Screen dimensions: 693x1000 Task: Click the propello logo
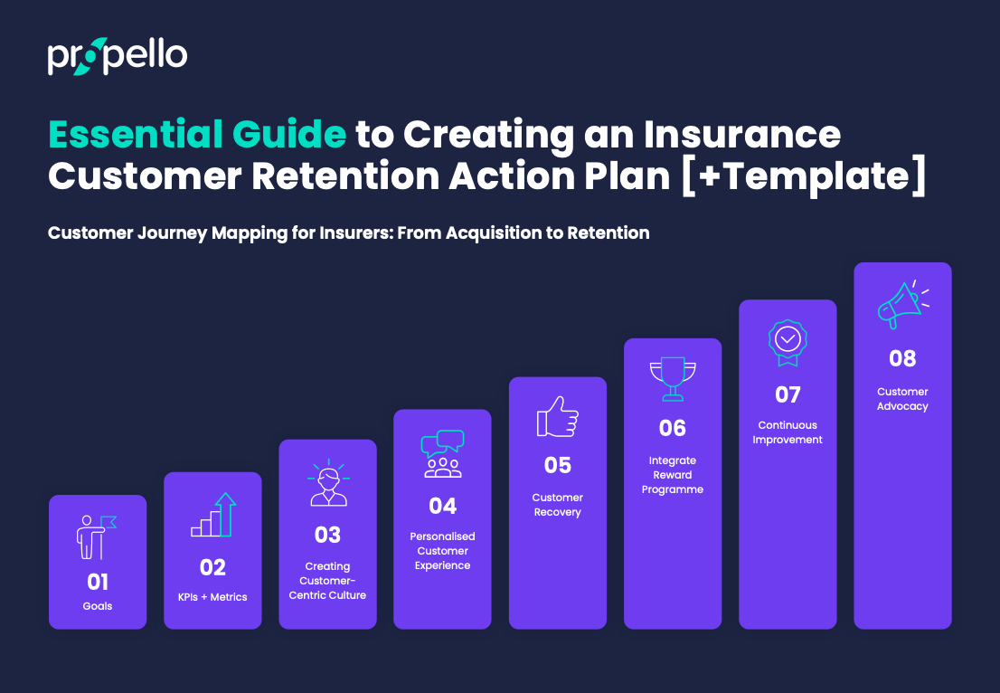pos(118,57)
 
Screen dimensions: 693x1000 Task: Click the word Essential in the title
pos(137,135)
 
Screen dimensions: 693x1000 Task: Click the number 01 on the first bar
pos(98,581)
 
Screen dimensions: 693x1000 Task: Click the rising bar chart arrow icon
pos(213,516)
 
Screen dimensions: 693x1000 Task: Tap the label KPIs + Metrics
pos(213,597)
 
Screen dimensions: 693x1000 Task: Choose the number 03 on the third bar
pos(327,535)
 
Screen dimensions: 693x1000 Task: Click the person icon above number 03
pos(327,482)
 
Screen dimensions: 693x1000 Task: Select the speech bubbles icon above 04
pos(443,453)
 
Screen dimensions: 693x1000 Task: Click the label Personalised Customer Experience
pos(443,551)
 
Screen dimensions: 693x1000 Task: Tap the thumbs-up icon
pos(557,418)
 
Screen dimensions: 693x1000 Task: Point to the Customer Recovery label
pos(558,505)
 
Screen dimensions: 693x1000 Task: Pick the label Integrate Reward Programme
pos(673,475)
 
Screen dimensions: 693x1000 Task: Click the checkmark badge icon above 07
pos(788,340)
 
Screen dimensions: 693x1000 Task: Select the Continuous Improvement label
pos(788,432)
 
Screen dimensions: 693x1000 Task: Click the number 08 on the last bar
pos(902,358)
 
